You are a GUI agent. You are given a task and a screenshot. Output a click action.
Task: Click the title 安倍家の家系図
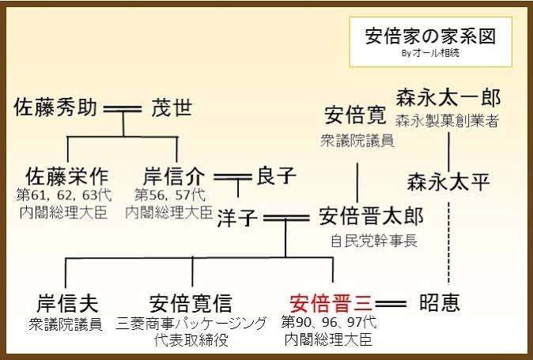tap(430, 36)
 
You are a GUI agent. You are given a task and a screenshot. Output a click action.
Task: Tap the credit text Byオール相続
tap(430, 53)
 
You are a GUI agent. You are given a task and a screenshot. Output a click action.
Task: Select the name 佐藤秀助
tap(55, 108)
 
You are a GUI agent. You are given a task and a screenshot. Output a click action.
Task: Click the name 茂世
tap(172, 108)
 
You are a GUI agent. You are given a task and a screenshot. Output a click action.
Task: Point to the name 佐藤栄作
tap(67, 176)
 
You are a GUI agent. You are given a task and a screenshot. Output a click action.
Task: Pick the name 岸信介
tap(175, 176)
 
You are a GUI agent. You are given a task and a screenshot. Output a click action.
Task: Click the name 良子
tap(276, 176)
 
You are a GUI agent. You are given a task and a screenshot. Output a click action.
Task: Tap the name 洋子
tap(237, 218)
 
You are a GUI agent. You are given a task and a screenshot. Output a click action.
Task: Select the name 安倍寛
tap(355, 116)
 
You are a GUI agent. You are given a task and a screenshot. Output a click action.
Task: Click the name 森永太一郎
tap(448, 98)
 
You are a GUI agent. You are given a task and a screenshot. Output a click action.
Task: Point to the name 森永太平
tap(448, 181)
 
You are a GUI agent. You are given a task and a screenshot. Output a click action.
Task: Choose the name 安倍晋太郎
tap(371, 217)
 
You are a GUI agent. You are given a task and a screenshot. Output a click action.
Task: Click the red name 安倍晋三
tap(332, 303)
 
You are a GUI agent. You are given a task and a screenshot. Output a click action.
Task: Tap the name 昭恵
tap(440, 302)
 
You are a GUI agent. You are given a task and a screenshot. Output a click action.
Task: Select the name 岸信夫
tap(67, 303)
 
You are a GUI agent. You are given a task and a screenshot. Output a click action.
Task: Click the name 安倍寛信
tap(191, 303)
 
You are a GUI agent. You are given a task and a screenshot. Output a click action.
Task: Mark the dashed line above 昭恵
tap(448, 243)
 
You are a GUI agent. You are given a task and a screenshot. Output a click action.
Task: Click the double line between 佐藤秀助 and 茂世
tap(123, 109)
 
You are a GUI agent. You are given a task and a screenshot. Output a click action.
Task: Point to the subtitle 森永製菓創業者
tap(448, 121)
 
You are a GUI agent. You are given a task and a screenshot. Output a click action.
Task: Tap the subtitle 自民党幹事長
tap(374, 241)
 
